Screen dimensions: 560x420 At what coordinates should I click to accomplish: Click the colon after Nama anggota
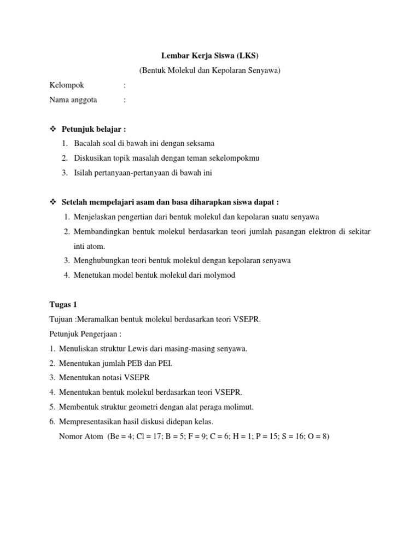click(x=125, y=100)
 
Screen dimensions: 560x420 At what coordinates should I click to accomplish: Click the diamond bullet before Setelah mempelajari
click(x=53, y=202)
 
